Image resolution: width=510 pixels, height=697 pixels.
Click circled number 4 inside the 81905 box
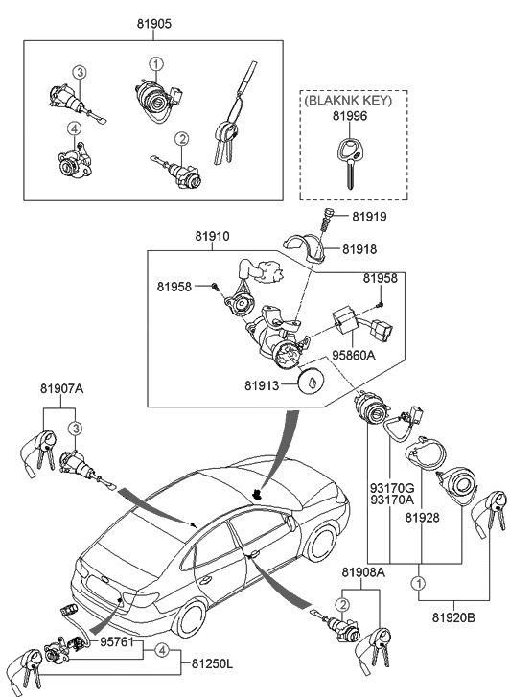[73, 128]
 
